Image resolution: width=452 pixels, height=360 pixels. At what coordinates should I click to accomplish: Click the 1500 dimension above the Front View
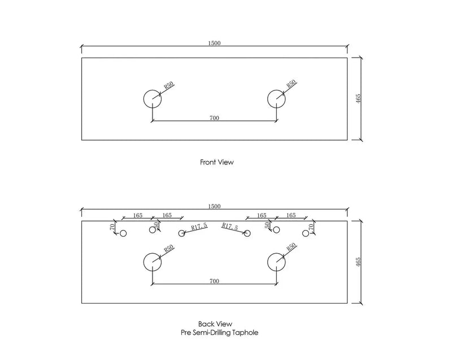214,44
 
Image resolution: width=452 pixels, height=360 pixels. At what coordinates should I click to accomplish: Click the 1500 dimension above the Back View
214,206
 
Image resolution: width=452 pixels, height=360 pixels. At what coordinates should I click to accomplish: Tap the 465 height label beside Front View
358,99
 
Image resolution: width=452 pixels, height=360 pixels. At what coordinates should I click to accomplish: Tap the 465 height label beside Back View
358,262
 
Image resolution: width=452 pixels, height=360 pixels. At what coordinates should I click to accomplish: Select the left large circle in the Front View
144,99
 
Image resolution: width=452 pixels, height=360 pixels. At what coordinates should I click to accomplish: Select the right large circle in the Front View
267,99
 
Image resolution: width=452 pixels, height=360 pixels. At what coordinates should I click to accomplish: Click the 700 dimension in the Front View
214,118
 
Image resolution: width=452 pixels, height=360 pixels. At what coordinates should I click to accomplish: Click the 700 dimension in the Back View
214,281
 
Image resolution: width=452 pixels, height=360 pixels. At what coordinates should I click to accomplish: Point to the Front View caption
217,162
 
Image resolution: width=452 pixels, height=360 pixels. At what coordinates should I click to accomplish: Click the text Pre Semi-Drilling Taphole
219,333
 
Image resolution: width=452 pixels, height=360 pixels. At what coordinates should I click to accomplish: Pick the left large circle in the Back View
144,262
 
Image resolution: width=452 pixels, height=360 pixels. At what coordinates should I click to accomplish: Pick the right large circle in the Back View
267,262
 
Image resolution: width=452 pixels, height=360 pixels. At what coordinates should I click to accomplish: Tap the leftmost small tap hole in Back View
120,233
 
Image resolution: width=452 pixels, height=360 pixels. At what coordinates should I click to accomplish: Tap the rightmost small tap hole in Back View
308,233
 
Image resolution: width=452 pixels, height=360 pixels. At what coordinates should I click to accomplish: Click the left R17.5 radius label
199,227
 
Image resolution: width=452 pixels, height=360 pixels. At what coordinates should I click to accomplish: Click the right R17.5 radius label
230,227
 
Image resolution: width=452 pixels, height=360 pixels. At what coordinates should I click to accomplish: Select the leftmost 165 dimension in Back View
138,215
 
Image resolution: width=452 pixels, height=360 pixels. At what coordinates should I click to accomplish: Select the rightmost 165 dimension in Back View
291,215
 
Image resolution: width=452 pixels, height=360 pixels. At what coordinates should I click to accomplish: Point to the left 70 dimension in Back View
112,227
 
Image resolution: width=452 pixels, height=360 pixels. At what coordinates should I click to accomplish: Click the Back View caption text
215,324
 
